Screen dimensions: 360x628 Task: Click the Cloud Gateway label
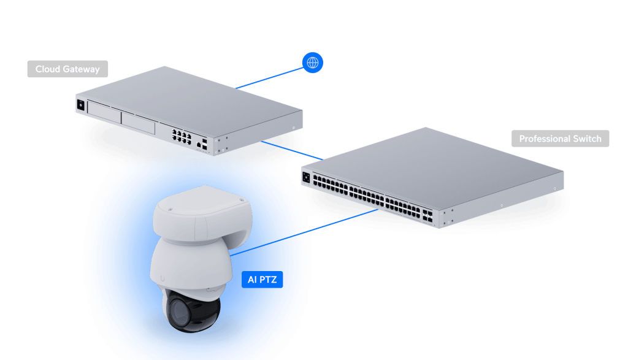click(67, 69)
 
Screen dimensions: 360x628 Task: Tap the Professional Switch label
click(560, 139)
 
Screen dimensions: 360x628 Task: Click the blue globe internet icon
click(313, 63)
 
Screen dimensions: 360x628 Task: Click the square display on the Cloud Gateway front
click(80, 104)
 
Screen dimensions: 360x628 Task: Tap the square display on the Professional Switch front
click(306, 178)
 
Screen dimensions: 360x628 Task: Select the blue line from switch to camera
click(343, 220)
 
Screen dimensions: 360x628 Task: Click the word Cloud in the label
click(47, 69)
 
